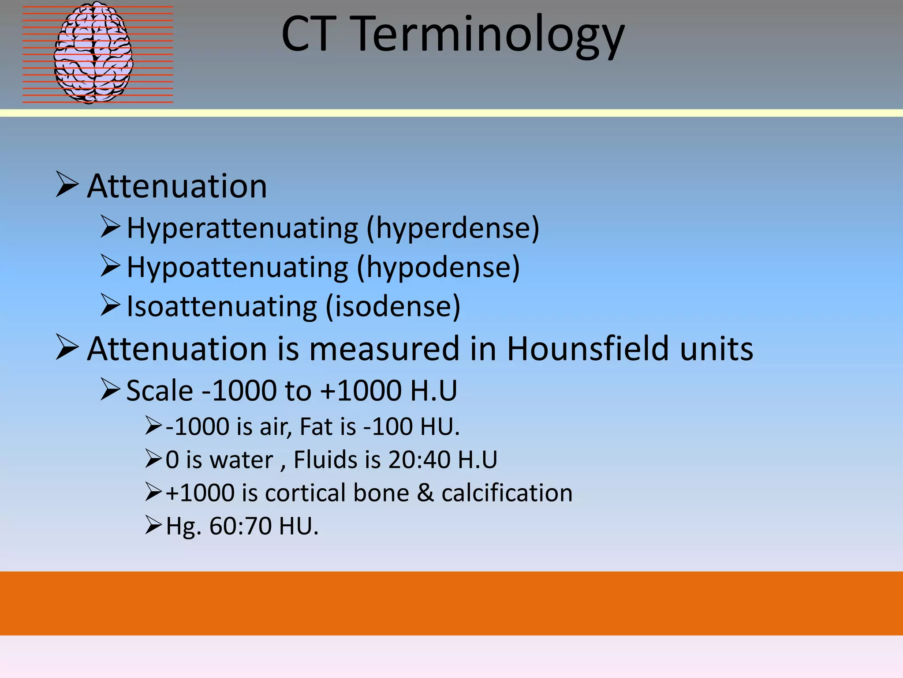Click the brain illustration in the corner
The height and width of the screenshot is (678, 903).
click(x=93, y=53)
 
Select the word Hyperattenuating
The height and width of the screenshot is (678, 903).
click(x=243, y=229)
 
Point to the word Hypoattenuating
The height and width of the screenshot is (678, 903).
click(x=237, y=268)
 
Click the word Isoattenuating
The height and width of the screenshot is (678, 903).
click(x=221, y=306)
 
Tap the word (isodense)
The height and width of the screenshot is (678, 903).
click(x=393, y=306)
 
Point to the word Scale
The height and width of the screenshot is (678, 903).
click(x=160, y=391)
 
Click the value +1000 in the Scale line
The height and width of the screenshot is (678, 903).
click(x=361, y=391)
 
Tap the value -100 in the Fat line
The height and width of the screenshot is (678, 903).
click(x=388, y=427)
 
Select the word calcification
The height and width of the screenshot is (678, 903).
click(x=507, y=493)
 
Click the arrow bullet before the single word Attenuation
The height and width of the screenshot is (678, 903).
click(x=67, y=185)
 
